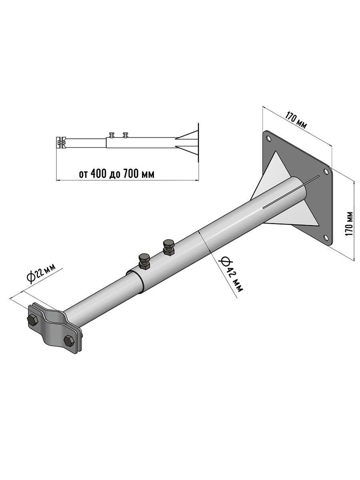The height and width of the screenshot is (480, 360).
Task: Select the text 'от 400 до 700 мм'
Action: click(x=116, y=174)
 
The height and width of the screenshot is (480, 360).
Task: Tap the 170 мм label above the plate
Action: click(x=296, y=121)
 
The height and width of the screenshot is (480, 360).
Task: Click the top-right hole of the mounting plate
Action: click(x=326, y=172)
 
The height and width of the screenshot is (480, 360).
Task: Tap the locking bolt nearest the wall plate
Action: click(x=168, y=246)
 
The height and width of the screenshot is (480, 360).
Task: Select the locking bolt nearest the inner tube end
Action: click(x=144, y=261)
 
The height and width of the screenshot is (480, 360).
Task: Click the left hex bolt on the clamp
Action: click(x=32, y=320)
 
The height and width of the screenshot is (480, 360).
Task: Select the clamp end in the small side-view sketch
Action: click(x=61, y=142)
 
